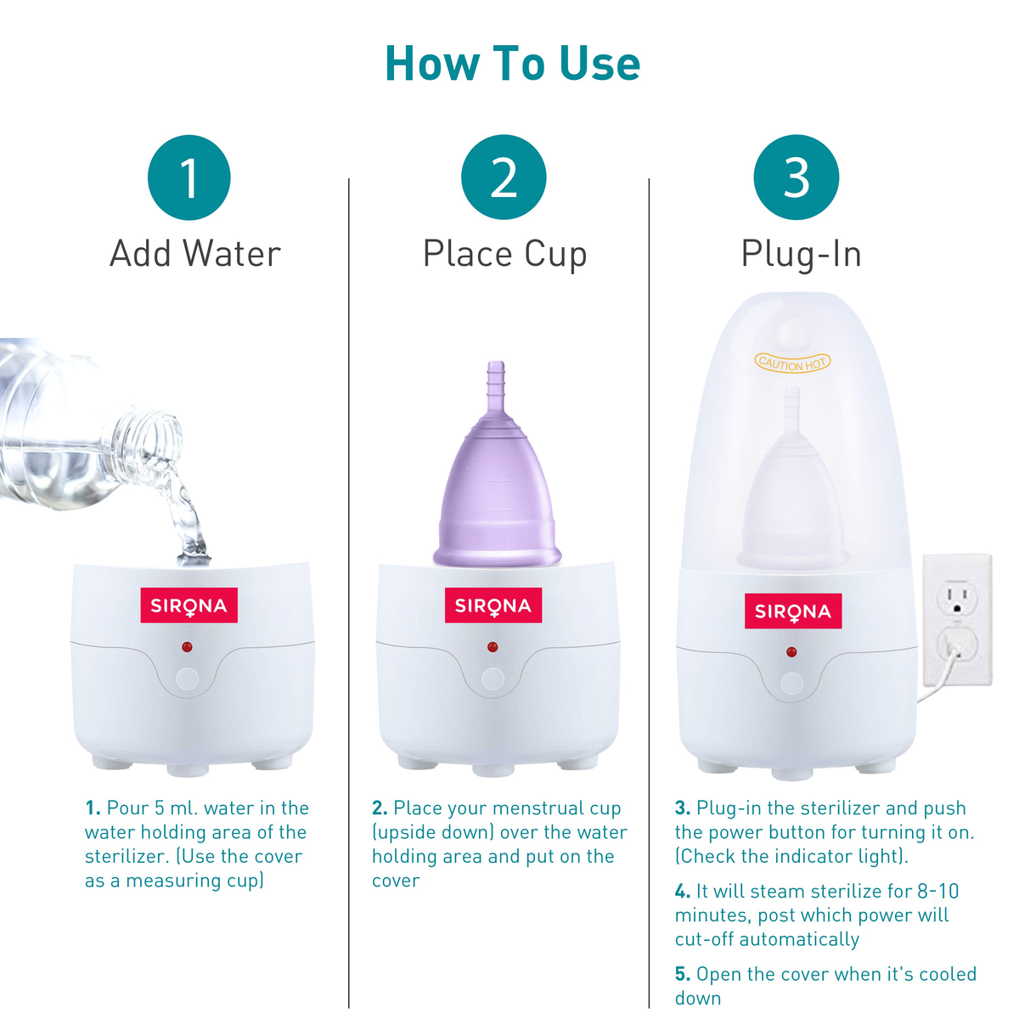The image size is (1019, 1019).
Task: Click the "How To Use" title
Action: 512,64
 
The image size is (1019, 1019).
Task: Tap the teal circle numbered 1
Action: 189,177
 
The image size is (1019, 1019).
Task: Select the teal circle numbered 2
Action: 504,177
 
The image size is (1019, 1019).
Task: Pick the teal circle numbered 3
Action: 796,177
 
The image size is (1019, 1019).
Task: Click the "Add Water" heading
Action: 195,254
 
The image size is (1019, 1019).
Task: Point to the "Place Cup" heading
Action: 504,255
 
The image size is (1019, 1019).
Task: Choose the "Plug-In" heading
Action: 801,254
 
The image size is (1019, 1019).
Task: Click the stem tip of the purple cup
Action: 495,370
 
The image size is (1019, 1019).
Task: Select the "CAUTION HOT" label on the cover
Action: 792,363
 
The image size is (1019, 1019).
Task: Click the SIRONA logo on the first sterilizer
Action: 189,605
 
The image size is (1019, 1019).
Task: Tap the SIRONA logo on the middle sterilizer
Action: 493,605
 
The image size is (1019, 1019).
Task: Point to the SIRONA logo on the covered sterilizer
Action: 792,611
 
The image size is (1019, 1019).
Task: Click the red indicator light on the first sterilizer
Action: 187,647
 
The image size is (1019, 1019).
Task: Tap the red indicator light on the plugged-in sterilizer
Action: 791,652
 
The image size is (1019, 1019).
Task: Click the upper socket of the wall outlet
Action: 957,598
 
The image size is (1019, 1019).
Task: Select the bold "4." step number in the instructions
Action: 683,892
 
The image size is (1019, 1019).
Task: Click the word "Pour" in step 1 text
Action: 127,808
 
